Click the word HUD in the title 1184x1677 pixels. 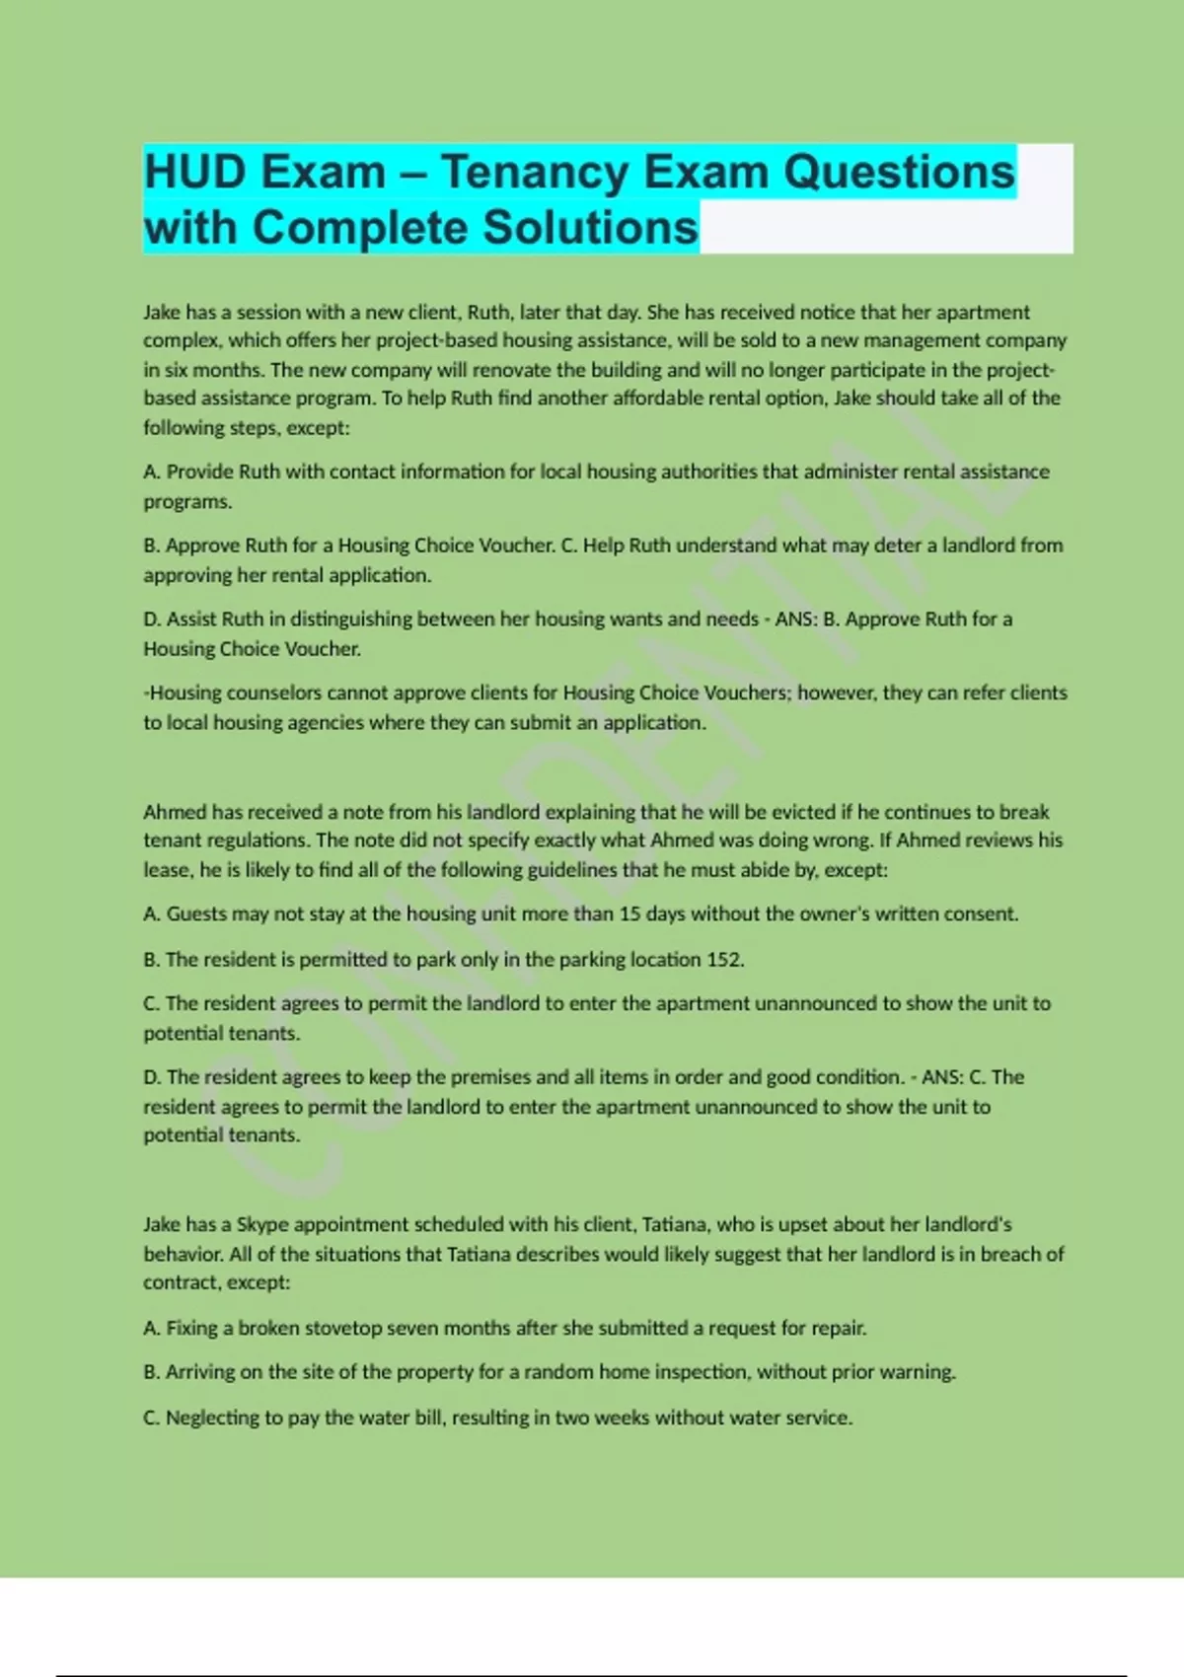point(194,172)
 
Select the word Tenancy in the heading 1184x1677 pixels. point(534,172)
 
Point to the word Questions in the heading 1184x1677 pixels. point(899,172)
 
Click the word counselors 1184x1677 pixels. point(266,693)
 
